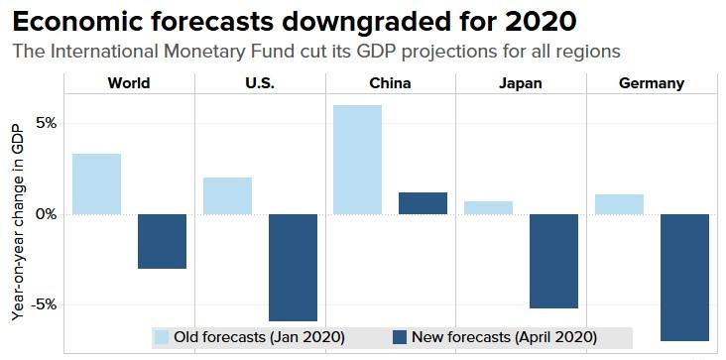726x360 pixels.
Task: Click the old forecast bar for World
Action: click(x=97, y=183)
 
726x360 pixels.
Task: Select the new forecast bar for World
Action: click(x=162, y=241)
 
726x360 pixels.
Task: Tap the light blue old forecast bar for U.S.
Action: click(x=227, y=195)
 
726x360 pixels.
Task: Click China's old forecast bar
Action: click(x=357, y=159)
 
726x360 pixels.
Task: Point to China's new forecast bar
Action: click(x=423, y=203)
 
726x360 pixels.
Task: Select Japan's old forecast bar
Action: click(x=488, y=207)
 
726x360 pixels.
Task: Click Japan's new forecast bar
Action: click(x=553, y=261)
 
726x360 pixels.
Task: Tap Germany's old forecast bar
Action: click(x=619, y=203)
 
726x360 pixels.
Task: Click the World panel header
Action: click(x=129, y=83)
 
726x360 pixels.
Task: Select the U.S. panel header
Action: click(x=260, y=83)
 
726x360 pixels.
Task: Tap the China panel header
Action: click(x=390, y=83)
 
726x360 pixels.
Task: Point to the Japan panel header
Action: click(x=521, y=83)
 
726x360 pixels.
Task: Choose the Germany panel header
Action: click(x=652, y=83)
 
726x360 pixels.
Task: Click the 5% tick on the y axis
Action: click(x=46, y=123)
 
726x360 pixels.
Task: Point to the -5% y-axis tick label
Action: click(x=43, y=304)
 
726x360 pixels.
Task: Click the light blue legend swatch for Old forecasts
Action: click(x=162, y=337)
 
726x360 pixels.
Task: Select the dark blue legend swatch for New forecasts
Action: click(x=400, y=337)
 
